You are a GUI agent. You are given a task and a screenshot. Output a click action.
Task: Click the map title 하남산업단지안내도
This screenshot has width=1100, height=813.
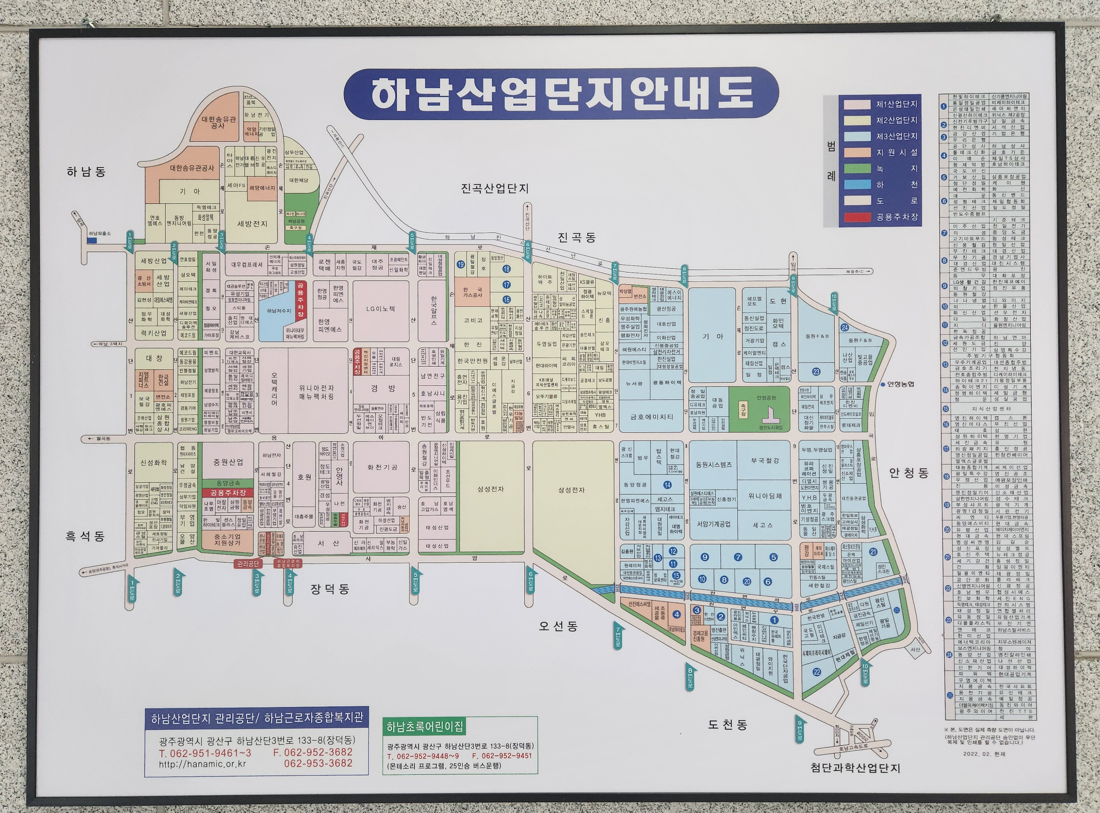point(561,94)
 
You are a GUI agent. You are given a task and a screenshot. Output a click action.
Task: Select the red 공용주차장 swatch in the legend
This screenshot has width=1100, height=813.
point(857,217)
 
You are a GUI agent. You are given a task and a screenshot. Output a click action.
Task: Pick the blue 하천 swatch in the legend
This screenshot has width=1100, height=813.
point(857,185)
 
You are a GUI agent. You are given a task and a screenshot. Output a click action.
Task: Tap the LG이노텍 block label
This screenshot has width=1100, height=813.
point(381,309)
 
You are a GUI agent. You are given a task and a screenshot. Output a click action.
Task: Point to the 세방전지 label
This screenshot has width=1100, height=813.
point(252,224)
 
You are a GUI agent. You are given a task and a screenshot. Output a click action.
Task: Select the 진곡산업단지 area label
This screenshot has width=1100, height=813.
point(495,189)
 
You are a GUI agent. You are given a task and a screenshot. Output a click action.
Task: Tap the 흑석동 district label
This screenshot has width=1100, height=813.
point(85,536)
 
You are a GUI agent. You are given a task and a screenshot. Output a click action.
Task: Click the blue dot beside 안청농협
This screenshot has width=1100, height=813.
point(883,384)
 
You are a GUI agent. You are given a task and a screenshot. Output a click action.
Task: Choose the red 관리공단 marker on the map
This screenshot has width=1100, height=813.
point(248,563)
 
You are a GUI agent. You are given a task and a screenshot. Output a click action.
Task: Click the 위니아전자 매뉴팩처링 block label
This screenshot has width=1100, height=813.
point(317,392)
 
